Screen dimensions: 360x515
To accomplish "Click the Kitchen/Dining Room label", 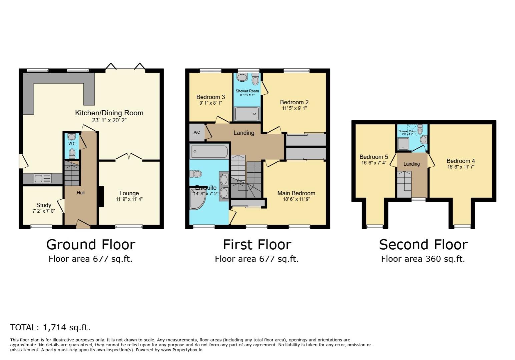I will coord(109,113).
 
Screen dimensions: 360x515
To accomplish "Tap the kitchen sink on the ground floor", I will coord(43,179).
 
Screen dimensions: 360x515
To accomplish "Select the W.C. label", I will coord(72,144).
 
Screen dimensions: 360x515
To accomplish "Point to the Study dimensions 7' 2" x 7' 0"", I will coord(43,211).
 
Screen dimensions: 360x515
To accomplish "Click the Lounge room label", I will coord(129,193).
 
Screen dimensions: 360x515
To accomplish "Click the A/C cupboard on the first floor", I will coord(197,132).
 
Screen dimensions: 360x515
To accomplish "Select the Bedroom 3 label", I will coord(210,97).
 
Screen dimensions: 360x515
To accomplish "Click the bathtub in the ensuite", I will coord(209,152).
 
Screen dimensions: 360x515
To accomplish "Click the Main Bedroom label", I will coord(296,193).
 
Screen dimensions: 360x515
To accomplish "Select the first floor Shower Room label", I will coord(247,91).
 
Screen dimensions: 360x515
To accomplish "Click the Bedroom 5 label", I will coord(374,157).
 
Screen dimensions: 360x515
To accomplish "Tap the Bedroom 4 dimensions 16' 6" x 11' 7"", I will coord(461,167).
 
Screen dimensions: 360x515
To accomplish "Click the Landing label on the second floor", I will coord(411,164).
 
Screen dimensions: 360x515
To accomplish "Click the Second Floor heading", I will coord(423,245).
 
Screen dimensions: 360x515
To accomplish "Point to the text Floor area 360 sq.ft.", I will coord(423,259).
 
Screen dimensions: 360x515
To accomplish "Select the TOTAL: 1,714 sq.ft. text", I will coord(50,327).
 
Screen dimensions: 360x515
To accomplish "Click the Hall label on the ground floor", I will coord(80,193).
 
